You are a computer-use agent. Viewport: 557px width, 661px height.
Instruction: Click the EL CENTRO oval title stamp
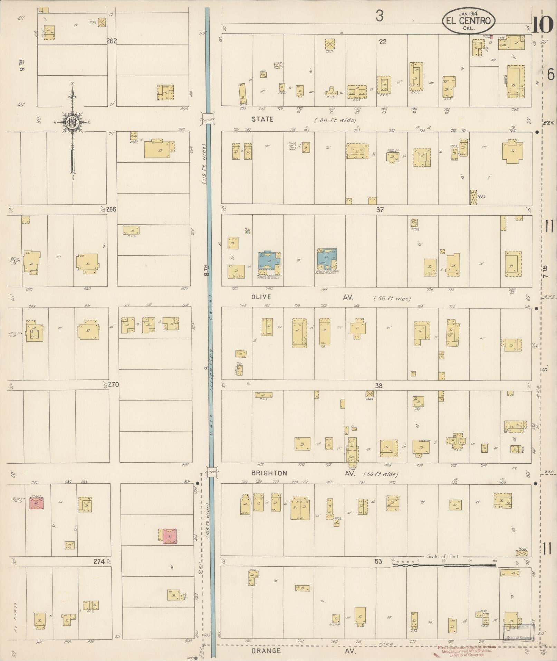tap(468, 21)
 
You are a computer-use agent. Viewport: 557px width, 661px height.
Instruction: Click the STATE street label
tap(262, 119)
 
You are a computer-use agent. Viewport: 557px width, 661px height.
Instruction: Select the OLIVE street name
tap(261, 297)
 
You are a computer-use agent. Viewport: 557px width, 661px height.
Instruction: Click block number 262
tap(112, 41)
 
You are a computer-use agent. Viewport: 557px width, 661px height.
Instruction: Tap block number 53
tap(378, 561)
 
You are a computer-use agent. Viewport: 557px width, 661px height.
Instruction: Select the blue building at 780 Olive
tap(270, 260)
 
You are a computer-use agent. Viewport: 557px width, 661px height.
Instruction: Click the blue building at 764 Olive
tap(327, 259)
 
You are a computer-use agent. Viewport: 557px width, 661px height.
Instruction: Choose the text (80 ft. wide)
tap(335, 120)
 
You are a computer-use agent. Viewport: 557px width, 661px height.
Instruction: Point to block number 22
tap(382, 42)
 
